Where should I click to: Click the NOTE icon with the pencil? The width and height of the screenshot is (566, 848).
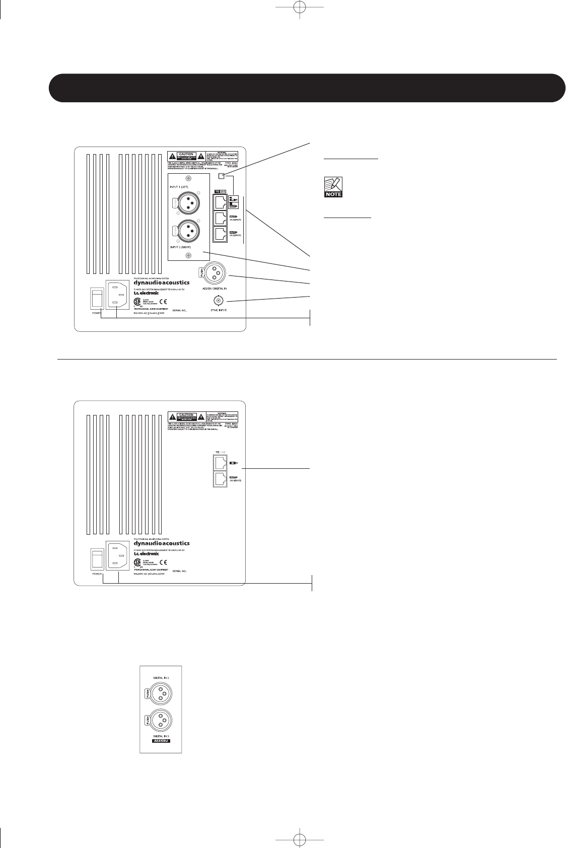pos(333,187)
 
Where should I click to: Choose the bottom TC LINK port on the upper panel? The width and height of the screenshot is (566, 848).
pos(220,234)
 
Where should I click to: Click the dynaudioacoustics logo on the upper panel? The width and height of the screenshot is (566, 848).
pos(162,284)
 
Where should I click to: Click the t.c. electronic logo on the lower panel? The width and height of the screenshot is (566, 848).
pos(146,553)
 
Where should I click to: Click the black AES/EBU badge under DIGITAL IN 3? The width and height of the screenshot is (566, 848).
pos(161,742)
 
